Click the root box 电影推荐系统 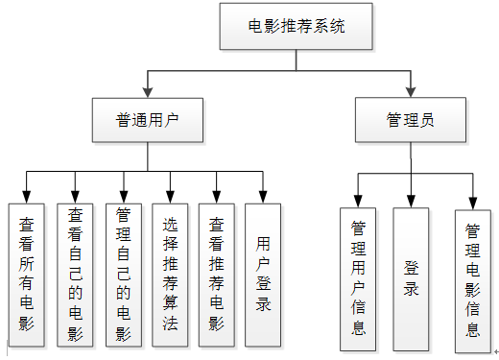[x=295, y=26]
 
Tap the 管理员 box [x=411, y=120]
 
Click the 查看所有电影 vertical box [x=27, y=273]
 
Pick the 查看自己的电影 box [x=75, y=273]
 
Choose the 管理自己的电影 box [x=122, y=273]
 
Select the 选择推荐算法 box [x=170, y=273]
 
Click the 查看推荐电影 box [x=217, y=273]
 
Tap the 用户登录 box [x=263, y=273]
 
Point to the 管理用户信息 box [x=359, y=278]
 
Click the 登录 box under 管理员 [x=411, y=278]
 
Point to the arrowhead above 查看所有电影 [x=27, y=197]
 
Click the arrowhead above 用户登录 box [x=263, y=197]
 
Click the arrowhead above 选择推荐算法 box [x=170, y=197]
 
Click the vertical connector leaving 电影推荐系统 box [x=295, y=60]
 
